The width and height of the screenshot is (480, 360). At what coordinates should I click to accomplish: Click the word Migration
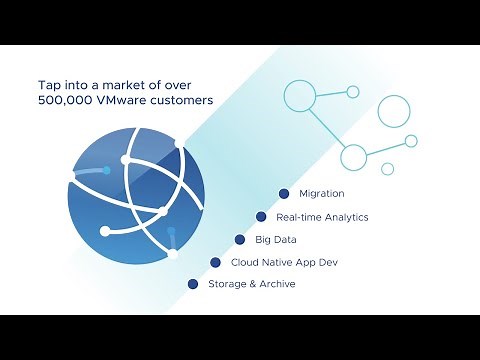tap(322, 193)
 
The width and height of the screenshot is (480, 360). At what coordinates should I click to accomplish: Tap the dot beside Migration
tap(284, 193)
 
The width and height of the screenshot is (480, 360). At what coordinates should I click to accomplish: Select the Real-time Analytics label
tap(322, 217)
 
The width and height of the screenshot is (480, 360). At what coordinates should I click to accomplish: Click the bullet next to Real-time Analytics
tap(261, 216)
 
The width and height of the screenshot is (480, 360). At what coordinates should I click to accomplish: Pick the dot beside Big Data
tap(240, 240)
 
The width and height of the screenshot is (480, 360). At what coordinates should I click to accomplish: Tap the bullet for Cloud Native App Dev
tap(216, 263)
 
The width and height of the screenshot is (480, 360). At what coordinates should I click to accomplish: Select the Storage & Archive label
tap(251, 285)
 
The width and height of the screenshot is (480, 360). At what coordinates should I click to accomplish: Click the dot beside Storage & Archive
tap(193, 285)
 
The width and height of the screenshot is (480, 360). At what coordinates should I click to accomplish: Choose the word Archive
tap(276, 285)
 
